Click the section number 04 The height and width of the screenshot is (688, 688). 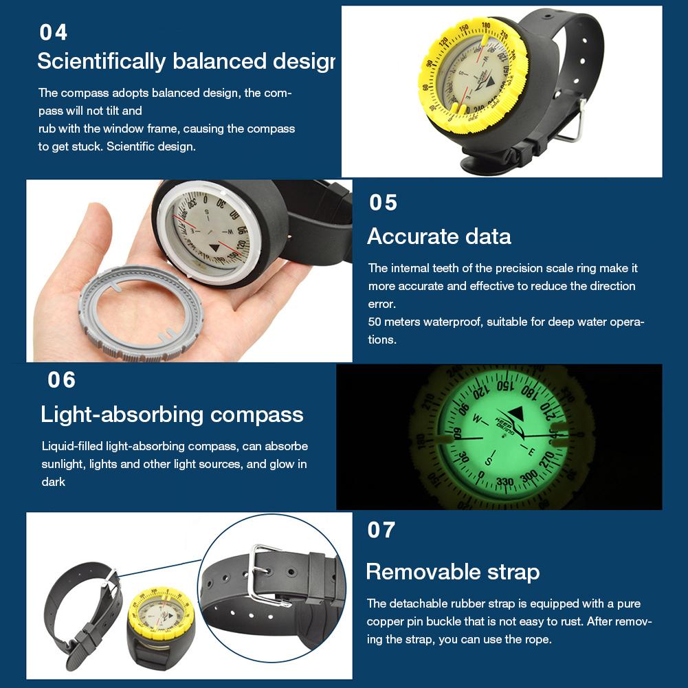[x=54, y=32]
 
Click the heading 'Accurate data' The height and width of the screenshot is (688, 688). [x=439, y=236]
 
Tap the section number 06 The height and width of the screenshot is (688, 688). [x=62, y=380]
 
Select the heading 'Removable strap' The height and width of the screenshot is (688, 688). [x=452, y=572]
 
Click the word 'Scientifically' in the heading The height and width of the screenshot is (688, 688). [x=102, y=61]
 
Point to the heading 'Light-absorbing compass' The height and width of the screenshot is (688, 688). [x=172, y=414]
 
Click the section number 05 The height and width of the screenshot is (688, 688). [x=384, y=203]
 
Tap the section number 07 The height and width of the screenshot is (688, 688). [x=381, y=531]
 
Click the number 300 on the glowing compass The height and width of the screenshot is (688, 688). [x=529, y=476]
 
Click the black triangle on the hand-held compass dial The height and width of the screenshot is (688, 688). [x=215, y=247]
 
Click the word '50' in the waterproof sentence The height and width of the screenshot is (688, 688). [x=375, y=322]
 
